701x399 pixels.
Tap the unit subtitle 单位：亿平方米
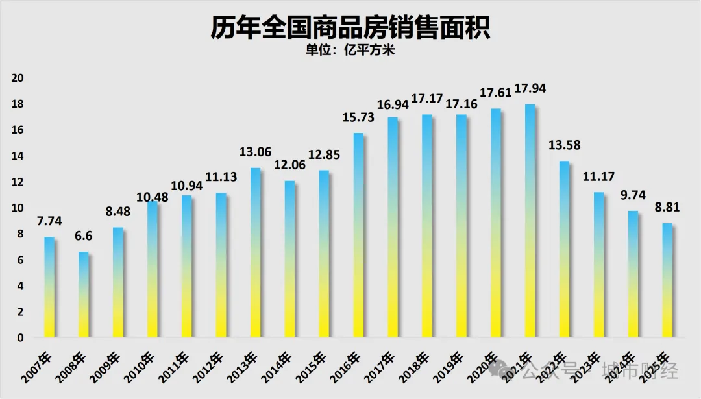[350, 51]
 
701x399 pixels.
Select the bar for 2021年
[530, 221]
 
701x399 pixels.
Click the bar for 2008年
[84, 295]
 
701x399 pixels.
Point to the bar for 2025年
[667, 280]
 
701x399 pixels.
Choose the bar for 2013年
[255, 252]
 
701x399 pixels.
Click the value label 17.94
[530, 90]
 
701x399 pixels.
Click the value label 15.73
[358, 118]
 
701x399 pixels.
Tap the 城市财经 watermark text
[640, 372]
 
